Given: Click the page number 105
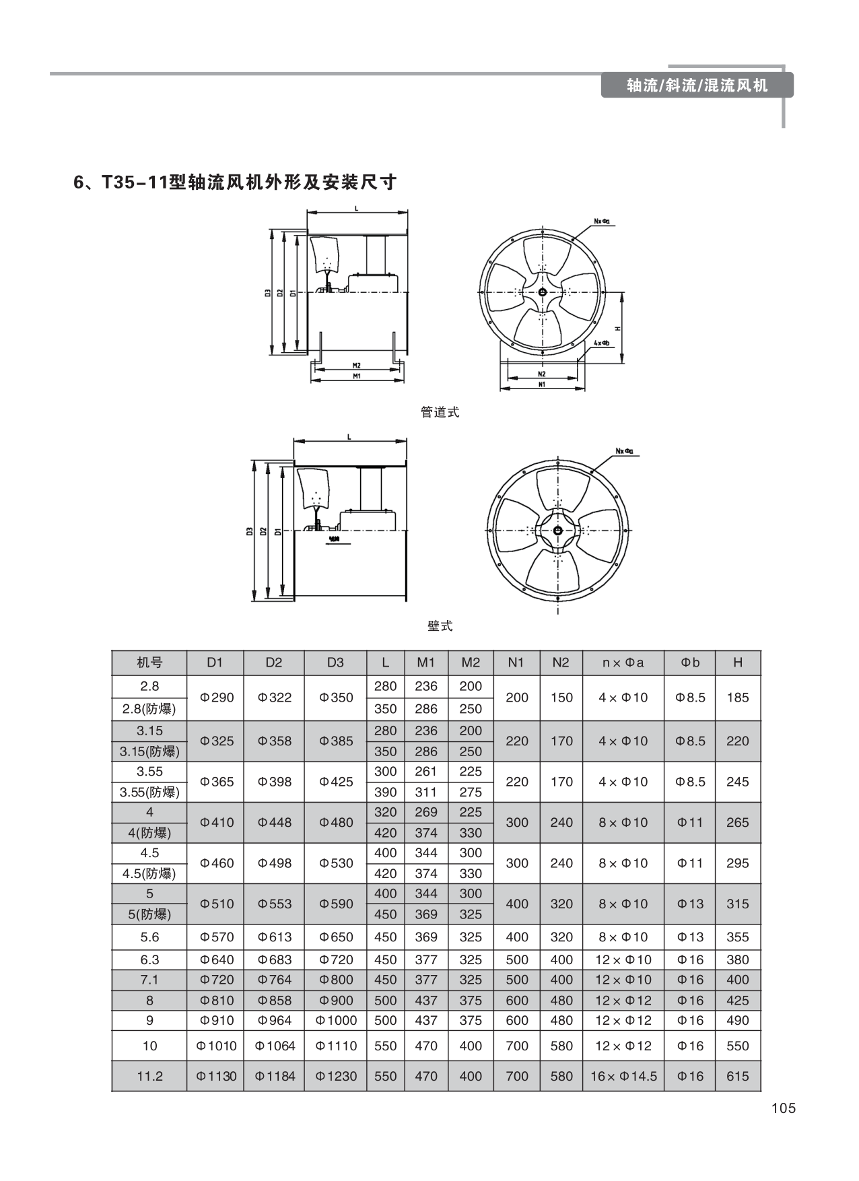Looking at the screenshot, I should click(783, 1108).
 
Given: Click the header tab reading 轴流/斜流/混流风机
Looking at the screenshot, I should click(697, 86).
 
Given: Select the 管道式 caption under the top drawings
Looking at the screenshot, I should click(440, 412).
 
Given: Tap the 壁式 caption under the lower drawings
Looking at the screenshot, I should click(440, 626).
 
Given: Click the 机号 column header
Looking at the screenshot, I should click(149, 663).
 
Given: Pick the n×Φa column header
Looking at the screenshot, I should click(623, 663).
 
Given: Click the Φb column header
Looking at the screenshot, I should click(690, 663).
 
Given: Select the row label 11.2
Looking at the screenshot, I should click(149, 1076).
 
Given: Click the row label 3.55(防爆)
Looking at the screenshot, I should click(149, 792).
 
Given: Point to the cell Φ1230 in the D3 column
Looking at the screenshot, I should click(335, 1076).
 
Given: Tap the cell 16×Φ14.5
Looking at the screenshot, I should click(623, 1076).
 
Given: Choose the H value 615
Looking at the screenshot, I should click(738, 1076).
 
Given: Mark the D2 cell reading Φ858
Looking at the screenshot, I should click(274, 1001).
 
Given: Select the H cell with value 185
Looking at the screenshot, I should click(738, 698).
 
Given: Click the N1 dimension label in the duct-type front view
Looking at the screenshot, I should click(541, 384).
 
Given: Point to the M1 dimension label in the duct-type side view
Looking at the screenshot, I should click(357, 376).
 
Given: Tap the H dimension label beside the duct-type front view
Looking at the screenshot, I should click(617, 329).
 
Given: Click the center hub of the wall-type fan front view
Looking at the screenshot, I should click(557, 531).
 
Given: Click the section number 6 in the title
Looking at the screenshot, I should click(79, 182).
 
